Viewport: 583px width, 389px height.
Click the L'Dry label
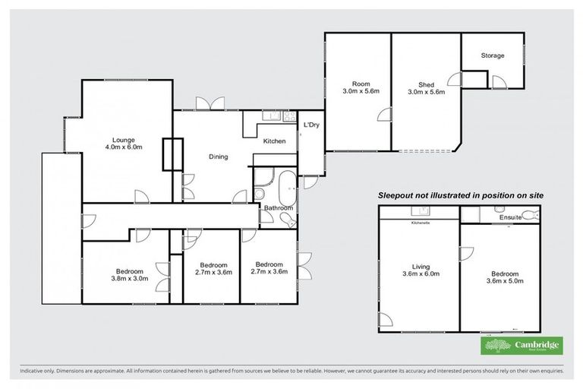tap(310, 125)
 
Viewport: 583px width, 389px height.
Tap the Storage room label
tap(493, 55)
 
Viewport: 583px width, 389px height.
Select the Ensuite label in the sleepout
tap(510, 218)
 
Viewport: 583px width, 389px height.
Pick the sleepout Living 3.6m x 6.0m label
tap(420, 271)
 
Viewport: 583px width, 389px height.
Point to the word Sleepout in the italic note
tap(399, 195)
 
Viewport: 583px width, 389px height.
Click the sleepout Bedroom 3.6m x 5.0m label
tap(504, 278)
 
